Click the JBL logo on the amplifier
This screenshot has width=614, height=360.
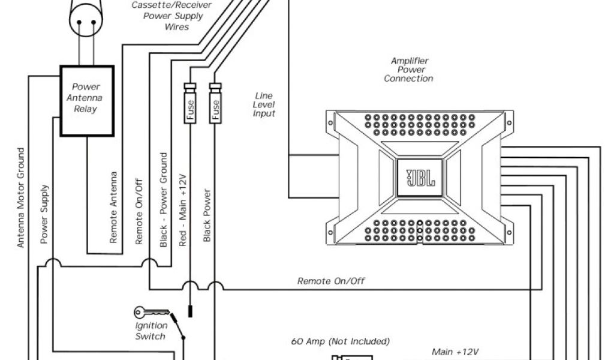418,179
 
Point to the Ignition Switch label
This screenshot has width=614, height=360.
150,331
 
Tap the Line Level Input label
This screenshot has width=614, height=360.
264,104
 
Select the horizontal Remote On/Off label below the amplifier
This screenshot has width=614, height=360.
331,281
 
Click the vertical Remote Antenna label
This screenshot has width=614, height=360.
113,207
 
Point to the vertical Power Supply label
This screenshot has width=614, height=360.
44,214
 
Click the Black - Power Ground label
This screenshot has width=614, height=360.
163,200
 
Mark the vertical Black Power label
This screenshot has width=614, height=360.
207,215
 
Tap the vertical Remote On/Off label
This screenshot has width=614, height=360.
139,211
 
